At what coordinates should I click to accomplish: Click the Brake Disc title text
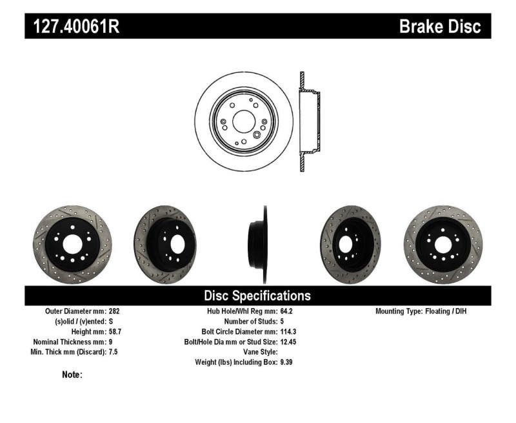point(440,26)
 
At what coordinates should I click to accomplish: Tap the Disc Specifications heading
point(257,296)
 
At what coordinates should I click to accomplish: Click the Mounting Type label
point(402,311)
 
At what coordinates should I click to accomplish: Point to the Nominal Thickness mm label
point(70,342)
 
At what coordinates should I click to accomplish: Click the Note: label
point(72,375)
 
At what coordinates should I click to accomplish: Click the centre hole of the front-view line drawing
point(243,121)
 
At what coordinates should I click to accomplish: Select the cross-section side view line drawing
point(308,121)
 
